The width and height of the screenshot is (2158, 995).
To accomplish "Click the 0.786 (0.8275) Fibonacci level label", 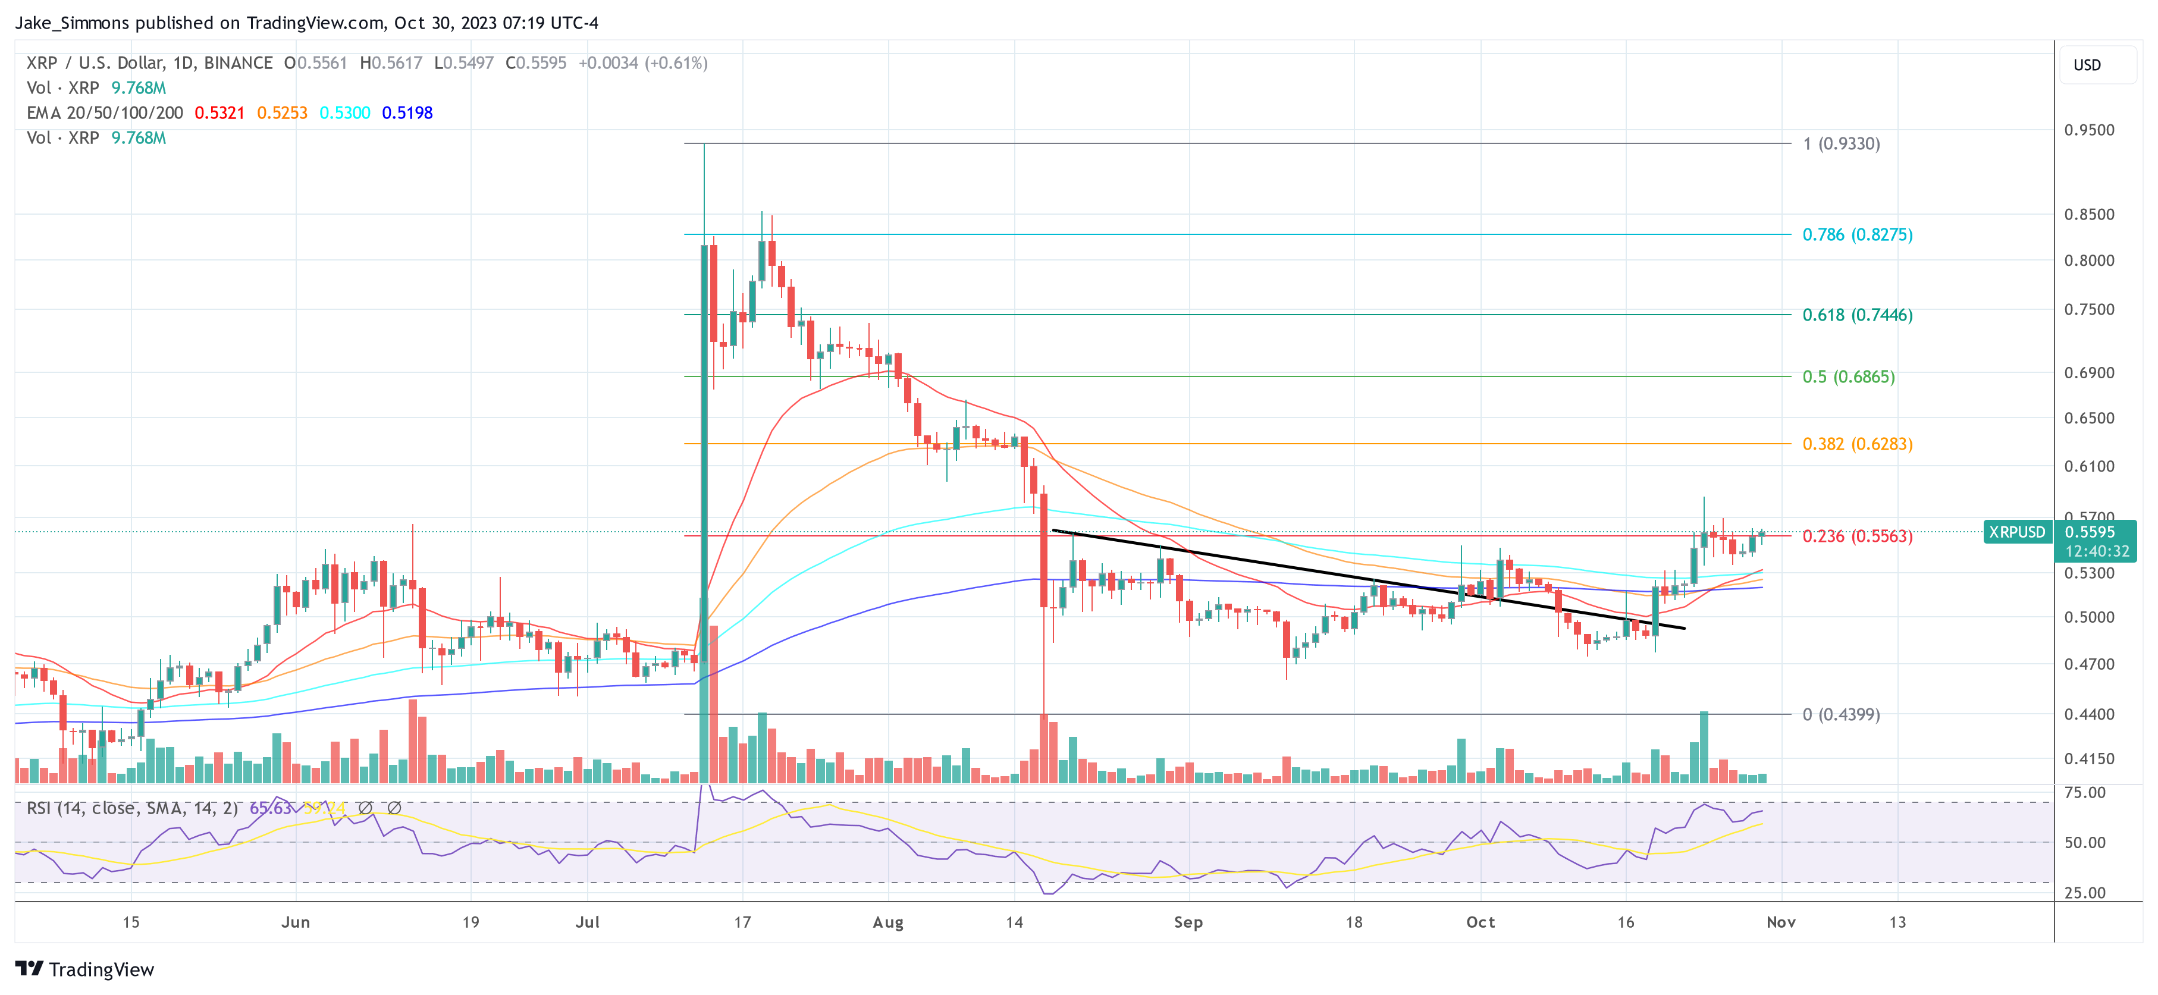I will (1856, 234).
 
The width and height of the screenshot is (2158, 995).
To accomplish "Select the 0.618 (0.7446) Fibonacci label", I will (1856, 315).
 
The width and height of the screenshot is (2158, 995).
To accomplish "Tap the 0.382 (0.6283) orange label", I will (1856, 444).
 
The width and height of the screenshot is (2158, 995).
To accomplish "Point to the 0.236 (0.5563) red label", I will (1856, 536).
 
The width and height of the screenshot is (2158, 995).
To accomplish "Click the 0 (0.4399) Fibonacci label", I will (1840, 714).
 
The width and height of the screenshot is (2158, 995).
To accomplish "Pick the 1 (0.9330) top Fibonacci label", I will (1840, 143).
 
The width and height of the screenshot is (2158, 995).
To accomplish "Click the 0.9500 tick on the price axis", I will (2088, 130).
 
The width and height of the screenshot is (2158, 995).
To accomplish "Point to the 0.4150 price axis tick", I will (2088, 759).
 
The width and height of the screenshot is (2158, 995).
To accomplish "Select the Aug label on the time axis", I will (888, 922).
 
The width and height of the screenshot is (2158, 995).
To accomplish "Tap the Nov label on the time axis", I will (1780, 922).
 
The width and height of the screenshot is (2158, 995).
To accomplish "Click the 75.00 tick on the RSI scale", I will (2084, 792).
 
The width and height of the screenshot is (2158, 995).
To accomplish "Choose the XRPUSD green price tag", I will (2016, 532).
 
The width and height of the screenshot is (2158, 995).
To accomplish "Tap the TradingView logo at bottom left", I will (84, 969).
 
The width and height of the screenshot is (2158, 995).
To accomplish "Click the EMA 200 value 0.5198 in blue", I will (407, 112).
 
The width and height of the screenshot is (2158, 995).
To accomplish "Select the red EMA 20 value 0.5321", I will (219, 112).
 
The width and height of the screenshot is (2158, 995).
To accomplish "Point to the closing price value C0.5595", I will (535, 63).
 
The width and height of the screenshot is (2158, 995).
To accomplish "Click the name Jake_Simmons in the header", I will (72, 23).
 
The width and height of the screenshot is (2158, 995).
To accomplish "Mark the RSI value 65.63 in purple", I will (270, 808).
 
